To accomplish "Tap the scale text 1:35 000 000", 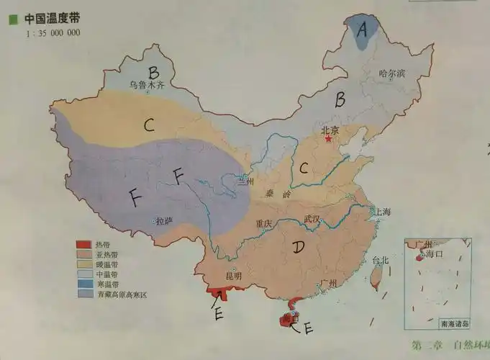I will (x=53, y=33).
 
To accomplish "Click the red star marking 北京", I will (x=327, y=139).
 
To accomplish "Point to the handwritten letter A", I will (x=363, y=30).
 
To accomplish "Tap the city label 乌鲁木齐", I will (x=147, y=85).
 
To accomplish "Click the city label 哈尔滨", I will (x=392, y=73).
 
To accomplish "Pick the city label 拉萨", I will (x=164, y=222).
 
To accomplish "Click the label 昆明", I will (x=234, y=276).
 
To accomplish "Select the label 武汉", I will (x=314, y=219).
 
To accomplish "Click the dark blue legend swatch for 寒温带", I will (x=83, y=284).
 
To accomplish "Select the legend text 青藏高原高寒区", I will (x=121, y=294).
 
